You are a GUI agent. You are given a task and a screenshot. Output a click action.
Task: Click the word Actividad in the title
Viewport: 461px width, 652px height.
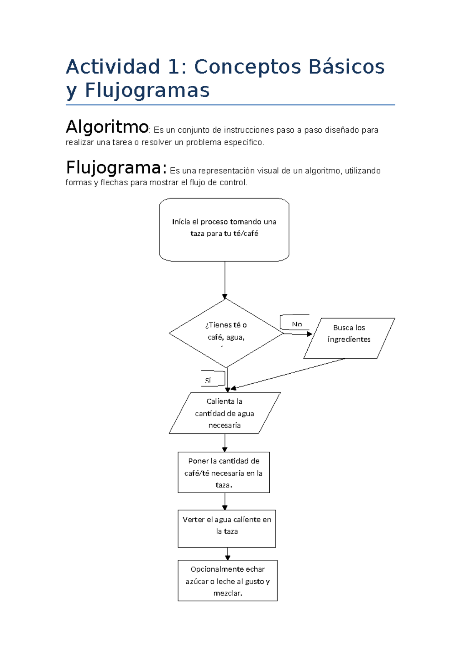click(113, 67)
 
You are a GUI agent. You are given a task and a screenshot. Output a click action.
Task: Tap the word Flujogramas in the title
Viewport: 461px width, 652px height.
click(147, 91)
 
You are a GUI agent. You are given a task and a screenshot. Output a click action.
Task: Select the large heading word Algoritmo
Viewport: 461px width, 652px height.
click(107, 127)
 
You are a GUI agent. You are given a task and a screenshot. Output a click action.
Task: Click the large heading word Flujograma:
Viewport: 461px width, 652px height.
click(116, 168)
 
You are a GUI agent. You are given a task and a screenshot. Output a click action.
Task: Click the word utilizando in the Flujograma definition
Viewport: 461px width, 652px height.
click(363, 171)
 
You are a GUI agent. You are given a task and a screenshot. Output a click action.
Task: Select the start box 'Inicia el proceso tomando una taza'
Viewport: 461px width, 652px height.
click(224, 230)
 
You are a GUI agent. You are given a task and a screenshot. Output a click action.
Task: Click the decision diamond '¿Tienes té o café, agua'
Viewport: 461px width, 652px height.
click(226, 333)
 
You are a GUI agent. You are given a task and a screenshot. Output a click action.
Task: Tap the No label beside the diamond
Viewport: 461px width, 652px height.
click(297, 324)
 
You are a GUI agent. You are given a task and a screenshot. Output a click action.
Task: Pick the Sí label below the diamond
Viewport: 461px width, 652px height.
click(208, 380)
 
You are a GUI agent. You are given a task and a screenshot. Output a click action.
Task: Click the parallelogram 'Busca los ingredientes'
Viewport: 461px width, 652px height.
click(349, 338)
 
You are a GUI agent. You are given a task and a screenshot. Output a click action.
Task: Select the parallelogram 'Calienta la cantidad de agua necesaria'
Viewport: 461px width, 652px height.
click(224, 413)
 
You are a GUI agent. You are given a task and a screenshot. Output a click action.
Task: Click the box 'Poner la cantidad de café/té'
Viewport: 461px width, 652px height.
click(224, 472)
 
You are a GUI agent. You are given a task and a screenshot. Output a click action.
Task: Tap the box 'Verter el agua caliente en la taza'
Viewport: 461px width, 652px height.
click(227, 529)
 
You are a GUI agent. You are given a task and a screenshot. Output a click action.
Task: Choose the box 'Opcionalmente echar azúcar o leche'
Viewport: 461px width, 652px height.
click(227, 580)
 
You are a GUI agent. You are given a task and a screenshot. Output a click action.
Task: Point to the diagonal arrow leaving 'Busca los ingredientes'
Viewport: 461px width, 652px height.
click(288, 373)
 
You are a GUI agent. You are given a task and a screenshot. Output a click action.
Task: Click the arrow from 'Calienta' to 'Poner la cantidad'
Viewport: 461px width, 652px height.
click(225, 443)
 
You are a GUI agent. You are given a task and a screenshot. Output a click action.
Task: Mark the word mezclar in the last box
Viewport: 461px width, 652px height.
click(227, 593)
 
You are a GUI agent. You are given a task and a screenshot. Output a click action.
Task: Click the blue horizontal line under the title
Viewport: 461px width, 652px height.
click(230, 105)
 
